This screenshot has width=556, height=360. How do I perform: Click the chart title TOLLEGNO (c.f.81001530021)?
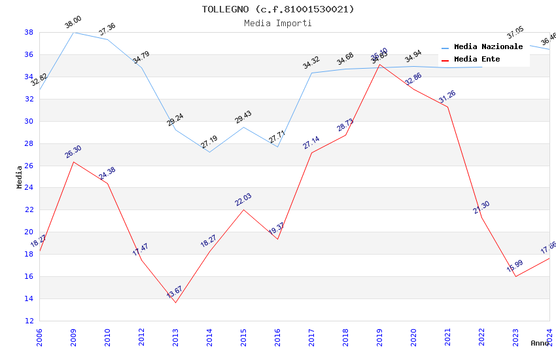(x=278, y=9)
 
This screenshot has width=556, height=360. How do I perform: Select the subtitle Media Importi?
(x=278, y=23)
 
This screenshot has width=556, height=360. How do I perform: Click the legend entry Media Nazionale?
(x=488, y=47)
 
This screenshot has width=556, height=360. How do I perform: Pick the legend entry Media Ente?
(x=477, y=59)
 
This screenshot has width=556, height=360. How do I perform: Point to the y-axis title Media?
(x=20, y=177)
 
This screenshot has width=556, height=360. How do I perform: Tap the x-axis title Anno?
(x=540, y=343)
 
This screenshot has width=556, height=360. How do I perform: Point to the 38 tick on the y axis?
(x=29, y=32)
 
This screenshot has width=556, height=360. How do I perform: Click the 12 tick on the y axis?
(x=29, y=321)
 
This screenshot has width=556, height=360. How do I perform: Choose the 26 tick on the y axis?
(x=29, y=166)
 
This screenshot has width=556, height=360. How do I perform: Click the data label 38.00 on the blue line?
(x=73, y=24)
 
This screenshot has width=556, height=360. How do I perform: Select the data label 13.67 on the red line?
(x=175, y=292)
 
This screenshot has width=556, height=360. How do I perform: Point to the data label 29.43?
(x=243, y=117)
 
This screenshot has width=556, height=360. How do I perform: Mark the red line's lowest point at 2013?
(x=175, y=302)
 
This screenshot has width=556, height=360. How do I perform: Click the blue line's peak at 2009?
(x=73, y=32)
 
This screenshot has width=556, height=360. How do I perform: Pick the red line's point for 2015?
(x=243, y=209)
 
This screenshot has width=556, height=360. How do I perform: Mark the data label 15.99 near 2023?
(x=515, y=266)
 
